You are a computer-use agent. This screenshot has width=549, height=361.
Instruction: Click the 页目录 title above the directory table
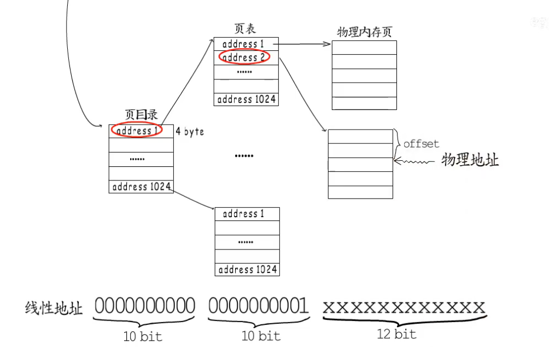click(x=141, y=115)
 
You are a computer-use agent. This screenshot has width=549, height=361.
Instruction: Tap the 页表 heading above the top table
click(x=245, y=29)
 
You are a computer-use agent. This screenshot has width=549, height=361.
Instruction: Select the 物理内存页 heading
click(x=364, y=32)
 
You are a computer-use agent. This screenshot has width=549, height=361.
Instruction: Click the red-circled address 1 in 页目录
click(x=137, y=131)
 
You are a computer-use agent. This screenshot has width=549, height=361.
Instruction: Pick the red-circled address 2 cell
click(x=243, y=57)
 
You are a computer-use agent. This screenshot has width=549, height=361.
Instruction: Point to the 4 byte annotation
click(x=190, y=132)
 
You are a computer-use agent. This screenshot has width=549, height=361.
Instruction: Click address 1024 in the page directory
click(x=142, y=187)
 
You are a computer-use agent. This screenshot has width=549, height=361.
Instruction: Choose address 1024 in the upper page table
click(x=247, y=100)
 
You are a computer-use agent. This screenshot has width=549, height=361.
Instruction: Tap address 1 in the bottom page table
click(x=243, y=214)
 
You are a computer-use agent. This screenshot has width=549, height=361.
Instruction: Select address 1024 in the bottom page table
click(x=248, y=270)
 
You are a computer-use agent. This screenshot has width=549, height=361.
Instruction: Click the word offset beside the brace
click(x=421, y=144)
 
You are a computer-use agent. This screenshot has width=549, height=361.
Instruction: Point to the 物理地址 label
click(x=470, y=161)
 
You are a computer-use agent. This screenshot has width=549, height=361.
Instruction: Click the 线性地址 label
click(x=54, y=308)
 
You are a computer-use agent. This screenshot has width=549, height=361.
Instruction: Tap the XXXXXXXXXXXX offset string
click(x=404, y=307)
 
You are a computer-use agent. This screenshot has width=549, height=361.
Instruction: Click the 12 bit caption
click(x=396, y=334)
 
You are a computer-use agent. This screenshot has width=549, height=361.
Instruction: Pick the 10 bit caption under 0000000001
click(x=261, y=336)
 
